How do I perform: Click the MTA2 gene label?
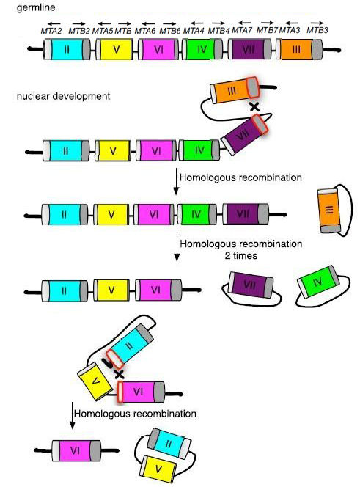point(51,31)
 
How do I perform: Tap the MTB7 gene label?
point(267,31)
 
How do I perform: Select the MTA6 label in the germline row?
point(145,31)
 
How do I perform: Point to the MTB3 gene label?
point(317,30)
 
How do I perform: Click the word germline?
point(36,7)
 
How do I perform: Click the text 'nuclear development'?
point(63,96)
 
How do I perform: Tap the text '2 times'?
point(241,256)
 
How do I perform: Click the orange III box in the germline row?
point(296,49)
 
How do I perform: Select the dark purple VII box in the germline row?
point(248,49)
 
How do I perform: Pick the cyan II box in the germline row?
point(67,49)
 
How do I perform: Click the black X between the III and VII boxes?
point(254,107)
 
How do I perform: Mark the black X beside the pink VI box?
point(120,374)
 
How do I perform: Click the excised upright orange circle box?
point(329,210)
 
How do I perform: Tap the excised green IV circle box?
point(318,282)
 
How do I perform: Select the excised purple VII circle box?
point(251,285)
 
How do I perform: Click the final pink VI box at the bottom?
point(76,450)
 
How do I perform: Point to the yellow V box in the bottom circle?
point(159,469)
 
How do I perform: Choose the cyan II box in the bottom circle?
point(169,442)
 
